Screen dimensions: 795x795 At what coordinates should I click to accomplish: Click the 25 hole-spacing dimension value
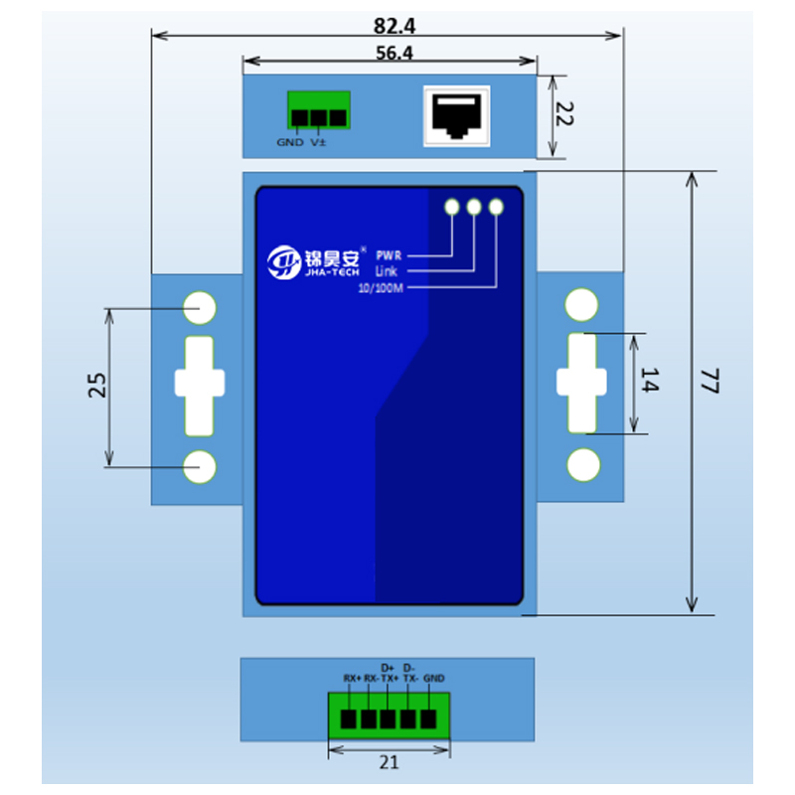pyautogui.click(x=97, y=385)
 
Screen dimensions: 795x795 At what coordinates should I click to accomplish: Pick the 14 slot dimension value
pyautogui.click(x=649, y=381)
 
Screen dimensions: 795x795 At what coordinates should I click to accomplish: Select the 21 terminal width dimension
pyautogui.click(x=389, y=763)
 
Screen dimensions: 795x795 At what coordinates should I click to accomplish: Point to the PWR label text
pyautogui.click(x=389, y=255)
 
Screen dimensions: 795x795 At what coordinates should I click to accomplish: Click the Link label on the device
pyautogui.click(x=387, y=271)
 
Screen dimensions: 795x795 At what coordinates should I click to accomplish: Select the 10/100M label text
pyautogui.click(x=381, y=289)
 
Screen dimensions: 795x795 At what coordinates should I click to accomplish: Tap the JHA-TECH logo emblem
pyautogui.click(x=284, y=261)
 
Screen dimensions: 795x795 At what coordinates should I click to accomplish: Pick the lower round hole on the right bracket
pyautogui.click(x=583, y=464)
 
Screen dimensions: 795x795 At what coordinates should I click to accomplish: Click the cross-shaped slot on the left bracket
pyautogui.click(x=201, y=385)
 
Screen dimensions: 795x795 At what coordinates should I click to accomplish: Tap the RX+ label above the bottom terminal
pyautogui.click(x=352, y=679)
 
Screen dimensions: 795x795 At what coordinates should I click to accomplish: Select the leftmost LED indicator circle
pyautogui.click(x=452, y=207)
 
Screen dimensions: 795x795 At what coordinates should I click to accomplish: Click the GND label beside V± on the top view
pyautogui.click(x=290, y=142)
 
